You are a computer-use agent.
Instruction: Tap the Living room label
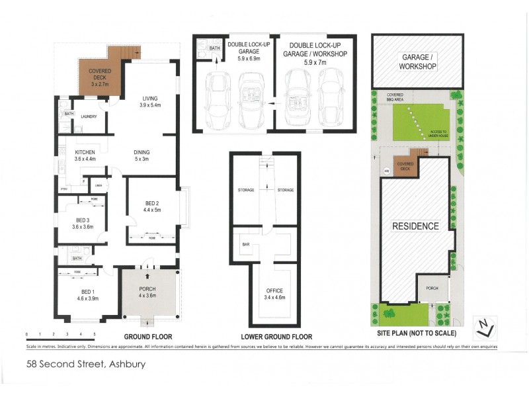click(x=151, y=102)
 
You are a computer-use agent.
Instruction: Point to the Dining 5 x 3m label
click(x=142, y=155)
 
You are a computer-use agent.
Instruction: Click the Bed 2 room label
click(x=152, y=206)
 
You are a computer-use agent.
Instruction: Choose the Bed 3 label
click(x=83, y=222)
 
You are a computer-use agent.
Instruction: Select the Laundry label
click(x=88, y=117)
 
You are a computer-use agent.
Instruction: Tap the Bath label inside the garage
click(x=214, y=48)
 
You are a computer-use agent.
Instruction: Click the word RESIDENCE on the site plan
click(x=415, y=226)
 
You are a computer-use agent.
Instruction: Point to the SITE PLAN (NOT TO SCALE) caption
click(x=416, y=333)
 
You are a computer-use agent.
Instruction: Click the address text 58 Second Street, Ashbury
click(x=86, y=363)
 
